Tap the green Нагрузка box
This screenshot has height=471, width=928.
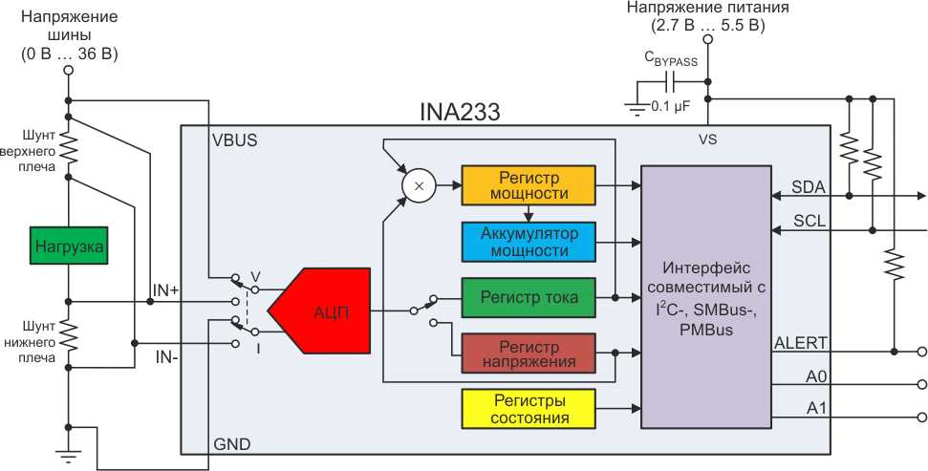69,247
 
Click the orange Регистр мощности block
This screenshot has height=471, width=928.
528,185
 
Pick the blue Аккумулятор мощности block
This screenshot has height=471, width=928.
528,241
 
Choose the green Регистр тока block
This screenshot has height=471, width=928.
528,297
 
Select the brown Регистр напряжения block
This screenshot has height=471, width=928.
528,353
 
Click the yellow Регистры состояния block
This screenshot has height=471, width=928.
528,409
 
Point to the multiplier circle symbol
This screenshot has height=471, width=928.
418,184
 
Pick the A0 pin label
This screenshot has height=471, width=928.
816,376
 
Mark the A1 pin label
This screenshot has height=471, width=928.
816,409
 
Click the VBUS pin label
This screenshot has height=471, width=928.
235,139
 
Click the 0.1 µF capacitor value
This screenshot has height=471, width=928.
668,106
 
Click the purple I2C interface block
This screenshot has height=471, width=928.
706,296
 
